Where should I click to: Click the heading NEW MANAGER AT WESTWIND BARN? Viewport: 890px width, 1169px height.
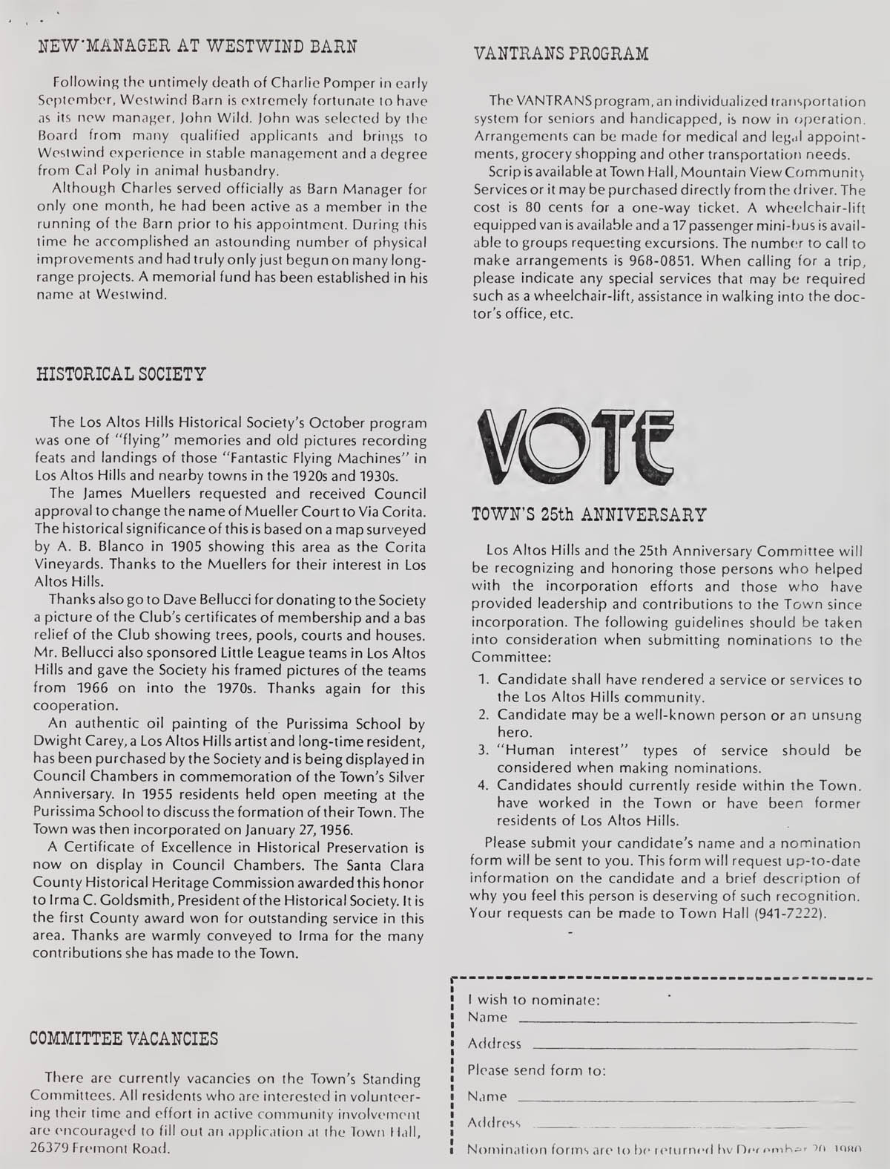coord(197,46)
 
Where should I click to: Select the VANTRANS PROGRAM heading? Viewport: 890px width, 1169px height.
coord(561,53)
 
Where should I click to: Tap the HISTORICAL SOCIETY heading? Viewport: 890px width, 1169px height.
coord(121,373)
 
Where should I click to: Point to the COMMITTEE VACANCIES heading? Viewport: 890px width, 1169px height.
coord(124,1038)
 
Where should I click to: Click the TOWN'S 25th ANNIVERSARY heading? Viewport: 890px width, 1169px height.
coord(590,514)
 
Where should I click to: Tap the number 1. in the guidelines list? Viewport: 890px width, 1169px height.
coord(483,680)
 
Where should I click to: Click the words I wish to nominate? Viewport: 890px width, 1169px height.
coord(534,999)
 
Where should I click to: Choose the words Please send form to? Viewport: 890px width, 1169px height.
coord(537,1070)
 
